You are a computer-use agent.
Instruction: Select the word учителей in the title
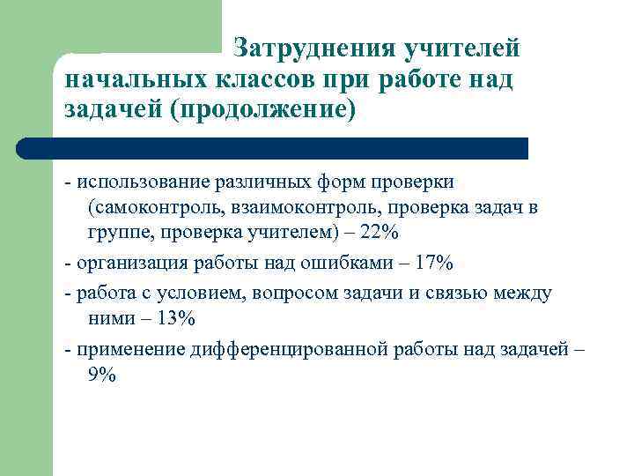coord(461,47)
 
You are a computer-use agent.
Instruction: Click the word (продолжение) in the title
coord(267,112)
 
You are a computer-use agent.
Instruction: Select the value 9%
coord(102,374)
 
